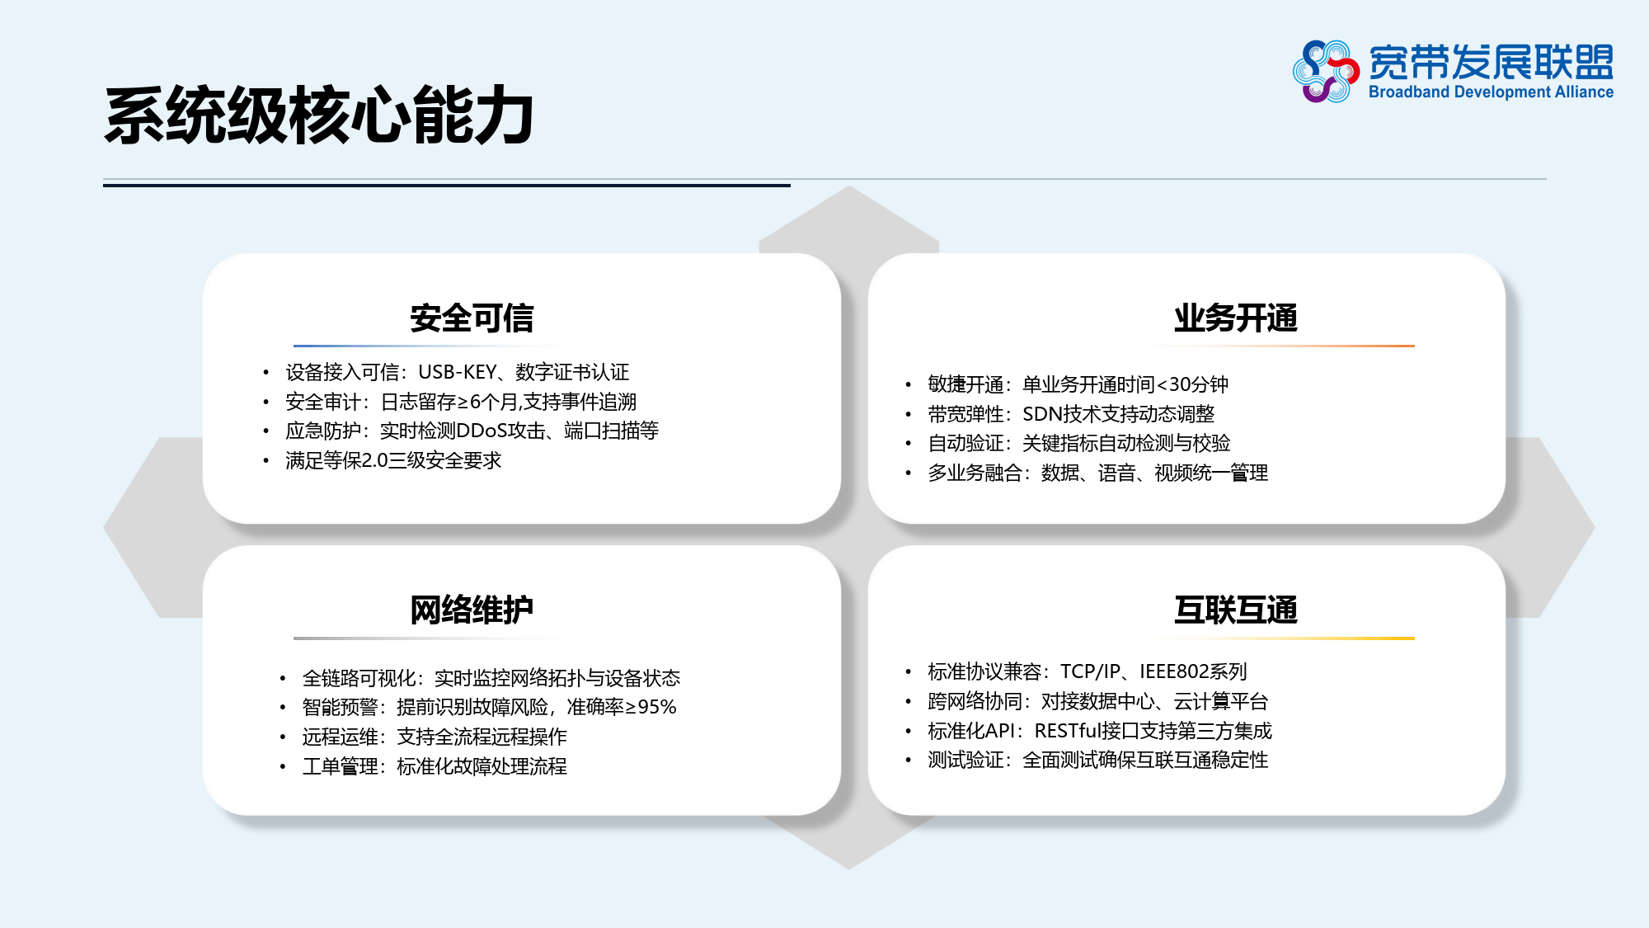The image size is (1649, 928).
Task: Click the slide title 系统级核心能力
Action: pos(319,115)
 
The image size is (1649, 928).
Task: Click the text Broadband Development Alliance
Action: pos(1491,92)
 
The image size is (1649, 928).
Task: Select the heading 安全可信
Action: pos(472,318)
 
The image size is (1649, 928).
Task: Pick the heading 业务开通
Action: pos(1236,318)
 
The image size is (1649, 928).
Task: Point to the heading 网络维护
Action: pos(472,610)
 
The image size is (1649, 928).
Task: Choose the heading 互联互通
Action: pos(1236,610)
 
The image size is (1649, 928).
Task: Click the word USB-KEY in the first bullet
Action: pos(458,372)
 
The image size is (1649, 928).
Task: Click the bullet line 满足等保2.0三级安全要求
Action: pos(393,460)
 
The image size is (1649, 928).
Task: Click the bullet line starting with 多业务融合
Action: pos(1098,473)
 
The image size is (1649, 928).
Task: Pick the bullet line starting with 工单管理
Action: pos(435,766)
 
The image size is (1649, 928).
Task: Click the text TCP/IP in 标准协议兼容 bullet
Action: pos(1090,671)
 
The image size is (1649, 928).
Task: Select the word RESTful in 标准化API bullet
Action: pos(1069,731)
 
